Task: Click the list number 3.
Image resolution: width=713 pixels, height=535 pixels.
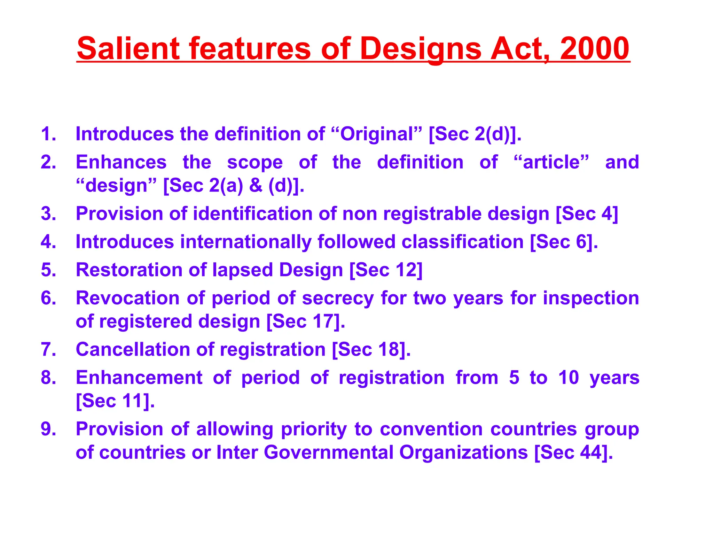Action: [48, 214]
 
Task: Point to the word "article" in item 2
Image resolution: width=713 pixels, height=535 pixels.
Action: [551, 162]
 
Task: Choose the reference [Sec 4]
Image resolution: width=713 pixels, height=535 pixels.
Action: [587, 214]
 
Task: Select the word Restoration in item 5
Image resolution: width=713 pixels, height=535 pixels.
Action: [129, 270]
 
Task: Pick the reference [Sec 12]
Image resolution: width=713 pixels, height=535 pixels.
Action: [386, 270]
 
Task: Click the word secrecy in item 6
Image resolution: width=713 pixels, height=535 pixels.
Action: [338, 298]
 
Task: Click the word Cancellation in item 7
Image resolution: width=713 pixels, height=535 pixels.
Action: [133, 349]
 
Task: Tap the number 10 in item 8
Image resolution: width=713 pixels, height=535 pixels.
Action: [569, 378]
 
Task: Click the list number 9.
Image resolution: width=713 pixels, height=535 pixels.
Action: [48, 429]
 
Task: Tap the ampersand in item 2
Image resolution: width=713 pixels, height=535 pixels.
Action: [256, 185]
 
